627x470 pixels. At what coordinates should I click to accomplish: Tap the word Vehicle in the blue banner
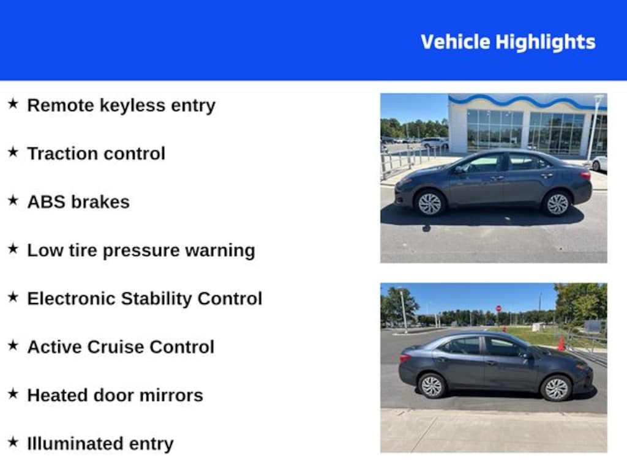coord(456,42)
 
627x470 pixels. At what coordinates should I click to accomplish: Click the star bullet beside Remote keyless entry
coord(13,104)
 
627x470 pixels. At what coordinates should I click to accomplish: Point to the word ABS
coord(46,202)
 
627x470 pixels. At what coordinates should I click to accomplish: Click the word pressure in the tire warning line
coord(141,251)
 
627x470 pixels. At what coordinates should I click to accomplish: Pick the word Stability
coord(156,299)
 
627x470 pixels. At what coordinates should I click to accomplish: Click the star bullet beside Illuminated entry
coord(13,442)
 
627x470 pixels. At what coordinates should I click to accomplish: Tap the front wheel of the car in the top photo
coord(430,203)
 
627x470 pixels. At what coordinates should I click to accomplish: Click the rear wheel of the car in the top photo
coord(557,203)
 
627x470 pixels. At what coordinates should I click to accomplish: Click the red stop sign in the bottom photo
coord(498,308)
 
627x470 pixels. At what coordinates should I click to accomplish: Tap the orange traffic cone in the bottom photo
coord(561,344)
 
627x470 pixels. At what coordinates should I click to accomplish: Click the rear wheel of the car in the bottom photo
coord(432,386)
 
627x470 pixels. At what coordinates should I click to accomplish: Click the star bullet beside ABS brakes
coord(13,200)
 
